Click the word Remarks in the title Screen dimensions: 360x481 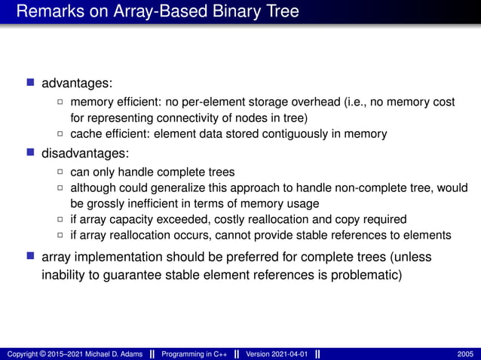point(47,12)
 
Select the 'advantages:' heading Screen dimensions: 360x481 point(77,81)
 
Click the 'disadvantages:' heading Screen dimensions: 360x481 point(85,153)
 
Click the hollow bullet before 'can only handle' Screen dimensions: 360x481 point(61,172)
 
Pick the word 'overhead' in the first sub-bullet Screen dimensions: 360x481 point(329,102)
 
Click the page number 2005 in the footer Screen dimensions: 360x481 point(465,354)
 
